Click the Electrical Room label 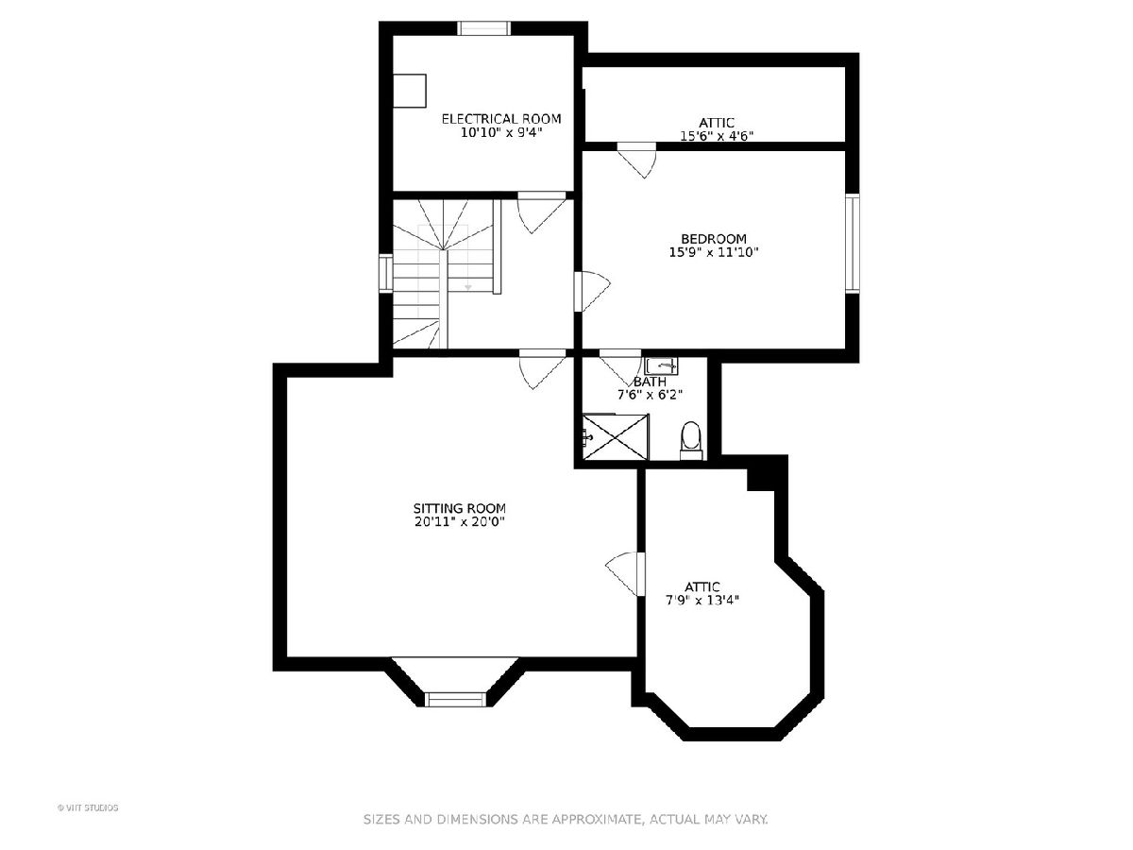pos(500,119)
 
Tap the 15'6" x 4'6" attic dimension pos(716,136)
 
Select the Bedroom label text pos(714,239)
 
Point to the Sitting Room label pos(460,508)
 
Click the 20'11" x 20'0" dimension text pos(460,521)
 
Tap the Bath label pos(650,382)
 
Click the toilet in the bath pos(691,440)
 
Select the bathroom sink pos(661,365)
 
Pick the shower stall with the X pos(615,436)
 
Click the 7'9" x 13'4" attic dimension pos(702,601)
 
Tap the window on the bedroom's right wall pos(853,244)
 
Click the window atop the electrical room pos(483,28)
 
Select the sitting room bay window pos(455,699)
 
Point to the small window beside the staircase pos(385,273)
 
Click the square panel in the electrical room pos(410,91)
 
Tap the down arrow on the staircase pos(468,287)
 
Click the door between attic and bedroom pos(637,161)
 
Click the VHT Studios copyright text pos(88,807)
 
